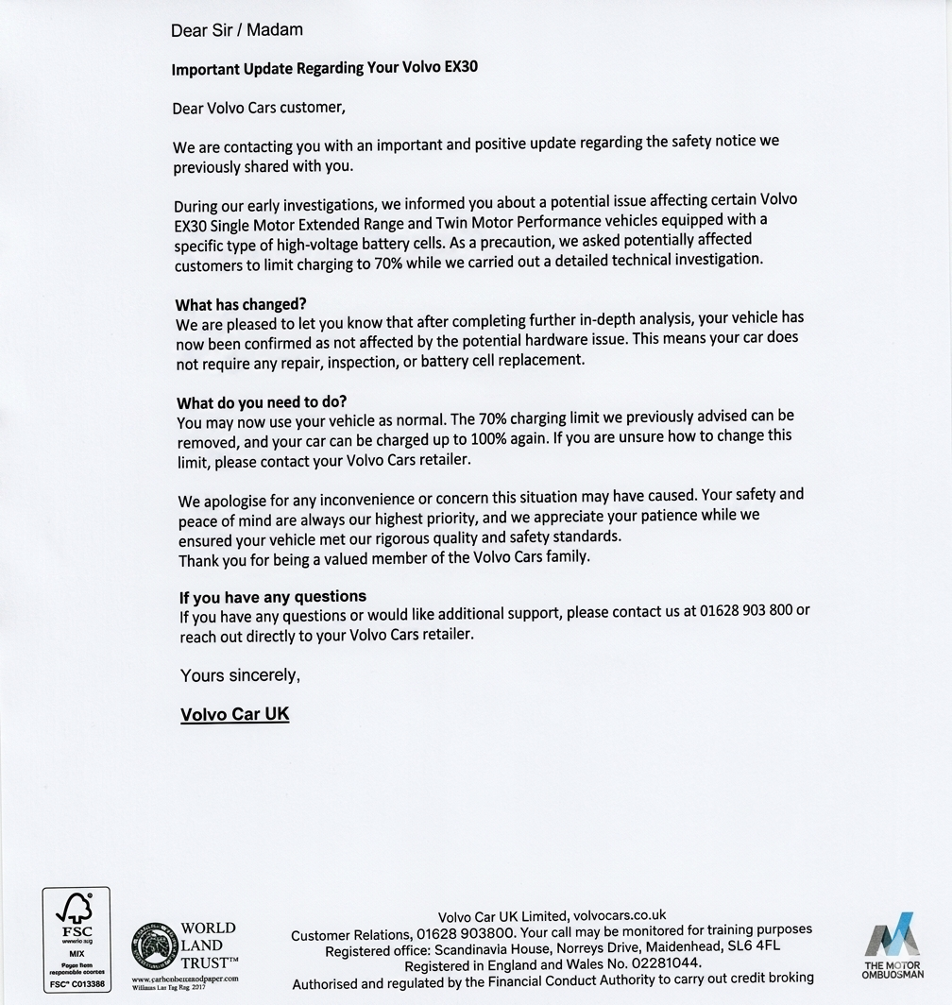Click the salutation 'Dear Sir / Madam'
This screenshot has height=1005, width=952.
pos(236,30)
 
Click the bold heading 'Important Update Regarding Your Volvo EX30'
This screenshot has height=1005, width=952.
pos(331,69)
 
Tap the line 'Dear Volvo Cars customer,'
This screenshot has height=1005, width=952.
pos(259,108)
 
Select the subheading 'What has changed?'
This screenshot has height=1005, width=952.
pos(241,304)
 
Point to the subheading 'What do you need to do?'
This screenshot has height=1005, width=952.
pos(262,402)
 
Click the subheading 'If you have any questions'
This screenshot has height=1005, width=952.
pos(273,597)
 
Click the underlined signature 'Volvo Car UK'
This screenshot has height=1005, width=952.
pos(234,714)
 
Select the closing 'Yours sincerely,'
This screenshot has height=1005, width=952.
pos(240,675)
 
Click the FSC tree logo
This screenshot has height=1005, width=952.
pos(76,911)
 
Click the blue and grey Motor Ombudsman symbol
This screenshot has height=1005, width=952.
pos(892,934)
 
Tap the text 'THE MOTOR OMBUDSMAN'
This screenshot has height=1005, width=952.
pos(893,970)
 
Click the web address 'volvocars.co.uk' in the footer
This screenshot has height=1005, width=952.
pos(620,914)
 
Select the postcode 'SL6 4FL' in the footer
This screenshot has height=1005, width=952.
pos(754,946)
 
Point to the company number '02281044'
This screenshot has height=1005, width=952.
pos(659,963)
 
